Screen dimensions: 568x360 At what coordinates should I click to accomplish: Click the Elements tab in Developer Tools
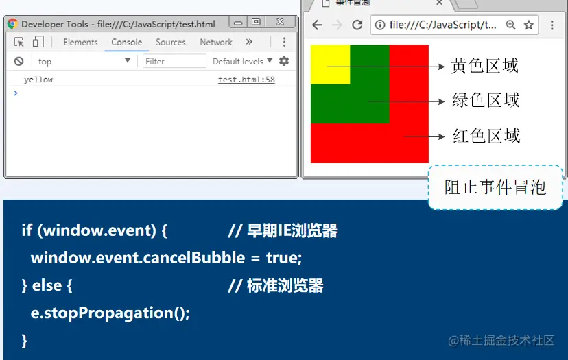[80, 42]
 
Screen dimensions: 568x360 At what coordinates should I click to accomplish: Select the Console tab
[126, 42]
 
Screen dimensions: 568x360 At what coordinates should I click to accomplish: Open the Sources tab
[171, 42]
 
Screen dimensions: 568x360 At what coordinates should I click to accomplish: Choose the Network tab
[216, 42]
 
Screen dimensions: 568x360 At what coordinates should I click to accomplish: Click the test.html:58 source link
[246, 80]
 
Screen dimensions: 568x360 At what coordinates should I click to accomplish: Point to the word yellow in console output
[38, 80]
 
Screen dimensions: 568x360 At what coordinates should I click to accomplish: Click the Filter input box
[174, 61]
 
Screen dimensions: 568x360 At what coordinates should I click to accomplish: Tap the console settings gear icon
[284, 61]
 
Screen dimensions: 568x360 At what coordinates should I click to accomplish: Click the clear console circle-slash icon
[19, 61]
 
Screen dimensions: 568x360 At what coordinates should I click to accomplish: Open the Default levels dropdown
[242, 61]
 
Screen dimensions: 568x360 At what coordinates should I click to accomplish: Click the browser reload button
[357, 25]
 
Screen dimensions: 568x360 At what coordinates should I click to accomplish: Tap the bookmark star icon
[529, 25]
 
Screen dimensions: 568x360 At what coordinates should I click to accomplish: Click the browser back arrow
[317, 25]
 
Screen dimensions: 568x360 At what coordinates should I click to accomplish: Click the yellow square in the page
[331, 64]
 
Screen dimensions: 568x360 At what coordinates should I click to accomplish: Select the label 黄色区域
[484, 66]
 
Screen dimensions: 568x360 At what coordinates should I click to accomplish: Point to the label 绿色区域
[486, 100]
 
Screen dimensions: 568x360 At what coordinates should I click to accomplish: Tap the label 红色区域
[486, 136]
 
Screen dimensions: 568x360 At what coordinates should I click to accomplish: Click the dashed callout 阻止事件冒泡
[495, 187]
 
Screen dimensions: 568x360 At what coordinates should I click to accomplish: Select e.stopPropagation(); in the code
[110, 313]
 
